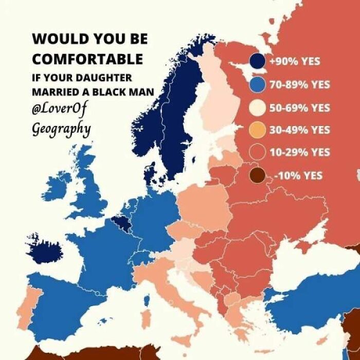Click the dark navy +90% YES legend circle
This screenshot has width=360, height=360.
click(x=257, y=62)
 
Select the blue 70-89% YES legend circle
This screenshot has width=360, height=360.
click(x=257, y=85)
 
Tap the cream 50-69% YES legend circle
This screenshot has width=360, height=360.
click(x=257, y=107)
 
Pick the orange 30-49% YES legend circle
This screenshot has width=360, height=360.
click(x=257, y=130)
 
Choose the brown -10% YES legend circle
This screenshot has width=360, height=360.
click(x=257, y=176)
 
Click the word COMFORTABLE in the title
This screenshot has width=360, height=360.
click(x=87, y=59)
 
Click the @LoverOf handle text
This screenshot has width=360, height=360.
click(x=60, y=110)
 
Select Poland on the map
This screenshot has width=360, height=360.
click(x=202, y=206)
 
